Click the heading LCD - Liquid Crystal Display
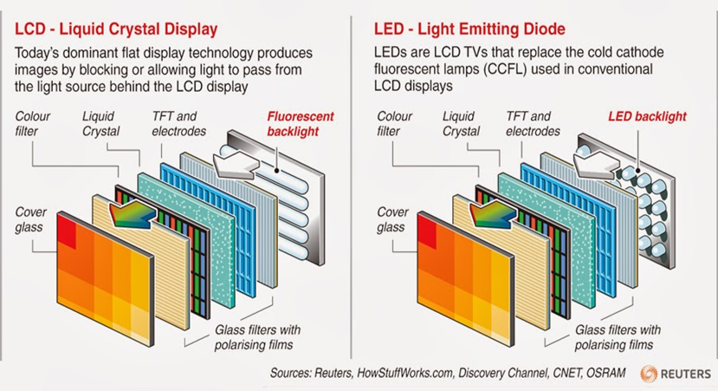116,29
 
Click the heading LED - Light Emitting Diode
469,29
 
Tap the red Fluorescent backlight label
301,124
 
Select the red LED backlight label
647,116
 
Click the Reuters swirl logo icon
649,374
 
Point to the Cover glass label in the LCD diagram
30,219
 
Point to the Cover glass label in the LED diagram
392,219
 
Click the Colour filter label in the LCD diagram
32,124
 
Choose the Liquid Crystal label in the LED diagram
461,124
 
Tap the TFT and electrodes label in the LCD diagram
179,124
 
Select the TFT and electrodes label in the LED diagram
533,124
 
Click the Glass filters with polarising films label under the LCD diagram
257,337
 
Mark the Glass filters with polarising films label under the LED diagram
618,337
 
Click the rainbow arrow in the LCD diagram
133,214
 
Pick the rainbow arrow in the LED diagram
493,214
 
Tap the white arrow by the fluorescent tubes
236,165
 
